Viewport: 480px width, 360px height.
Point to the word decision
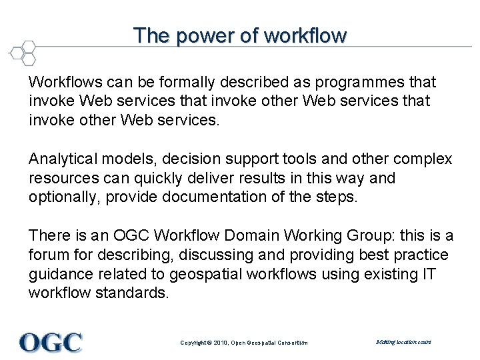[x=188, y=160]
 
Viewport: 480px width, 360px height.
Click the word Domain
[x=254, y=236]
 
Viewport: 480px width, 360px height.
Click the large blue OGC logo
[x=51, y=342]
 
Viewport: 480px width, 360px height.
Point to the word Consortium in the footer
[x=290, y=343]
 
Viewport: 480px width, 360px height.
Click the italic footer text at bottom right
[x=403, y=342]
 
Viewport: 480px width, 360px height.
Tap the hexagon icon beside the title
[x=22, y=51]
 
